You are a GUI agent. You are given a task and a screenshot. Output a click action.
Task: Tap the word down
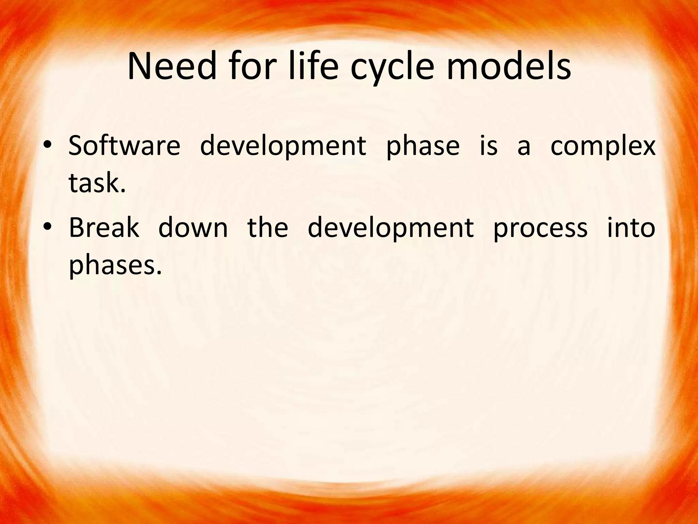pos(193,228)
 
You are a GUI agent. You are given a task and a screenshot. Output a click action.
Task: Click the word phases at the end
pos(115,266)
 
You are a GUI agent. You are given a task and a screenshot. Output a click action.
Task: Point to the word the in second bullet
pos(268,228)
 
